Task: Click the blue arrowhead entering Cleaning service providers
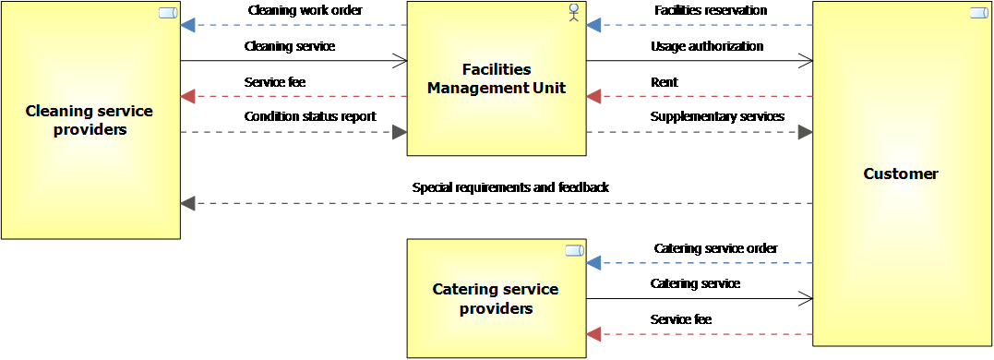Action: click(187, 26)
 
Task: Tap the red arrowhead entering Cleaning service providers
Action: click(187, 96)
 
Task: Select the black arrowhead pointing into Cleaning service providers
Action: click(187, 203)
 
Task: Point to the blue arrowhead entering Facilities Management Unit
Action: click(593, 26)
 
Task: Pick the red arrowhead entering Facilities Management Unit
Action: click(593, 96)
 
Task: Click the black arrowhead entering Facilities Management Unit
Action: click(400, 132)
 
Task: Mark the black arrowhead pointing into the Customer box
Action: click(805, 132)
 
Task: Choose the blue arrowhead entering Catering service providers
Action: click(593, 263)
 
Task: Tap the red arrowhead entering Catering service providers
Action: click(593, 333)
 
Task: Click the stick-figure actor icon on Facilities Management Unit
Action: click(574, 13)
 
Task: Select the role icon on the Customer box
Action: click(979, 13)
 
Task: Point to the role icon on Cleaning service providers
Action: click(168, 13)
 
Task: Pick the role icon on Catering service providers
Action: click(574, 250)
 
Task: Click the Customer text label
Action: click(900, 174)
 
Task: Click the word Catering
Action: click(465, 290)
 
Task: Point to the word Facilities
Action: click(497, 70)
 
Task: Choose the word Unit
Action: click(550, 89)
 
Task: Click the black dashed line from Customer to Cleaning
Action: click(498, 203)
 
